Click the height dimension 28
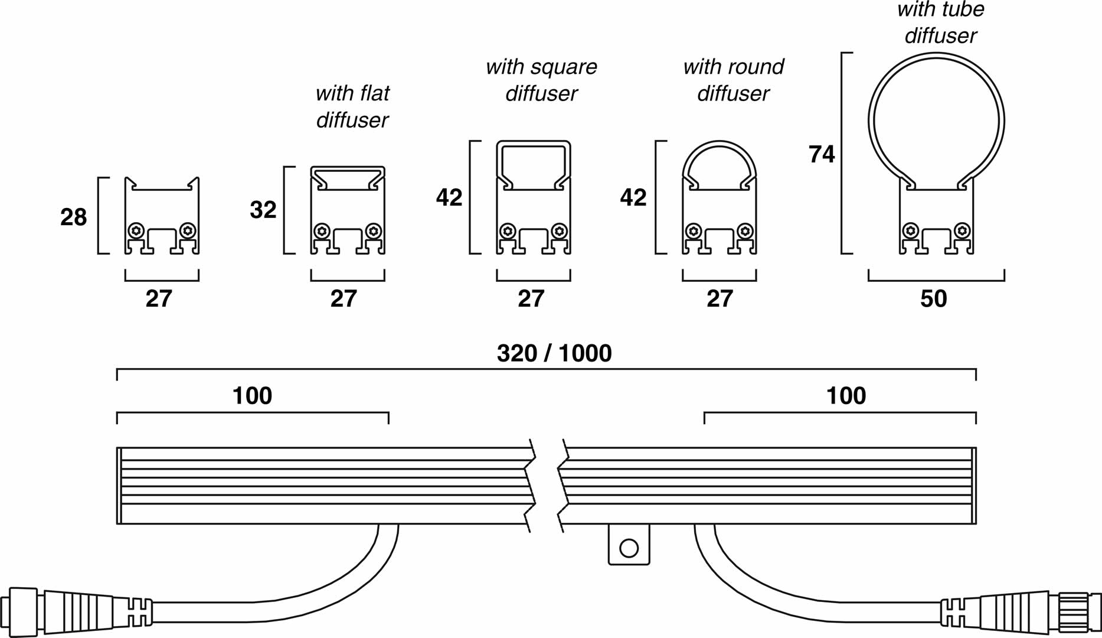(x=74, y=217)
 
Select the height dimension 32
(x=263, y=210)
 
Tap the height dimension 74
(x=822, y=154)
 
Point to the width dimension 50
(x=934, y=299)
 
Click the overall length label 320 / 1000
(x=554, y=353)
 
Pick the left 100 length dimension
(x=252, y=396)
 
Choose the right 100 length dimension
(x=846, y=396)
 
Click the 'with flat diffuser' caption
(x=352, y=106)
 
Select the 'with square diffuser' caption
(x=541, y=80)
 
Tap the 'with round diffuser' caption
(x=734, y=80)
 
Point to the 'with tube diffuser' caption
(x=941, y=22)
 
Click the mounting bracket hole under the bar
(x=629, y=548)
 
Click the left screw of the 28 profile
(x=137, y=230)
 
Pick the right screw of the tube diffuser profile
(x=962, y=230)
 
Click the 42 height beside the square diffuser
(x=449, y=197)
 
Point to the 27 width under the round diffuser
(x=720, y=299)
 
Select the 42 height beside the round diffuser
(x=633, y=197)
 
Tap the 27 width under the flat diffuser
(x=344, y=299)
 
